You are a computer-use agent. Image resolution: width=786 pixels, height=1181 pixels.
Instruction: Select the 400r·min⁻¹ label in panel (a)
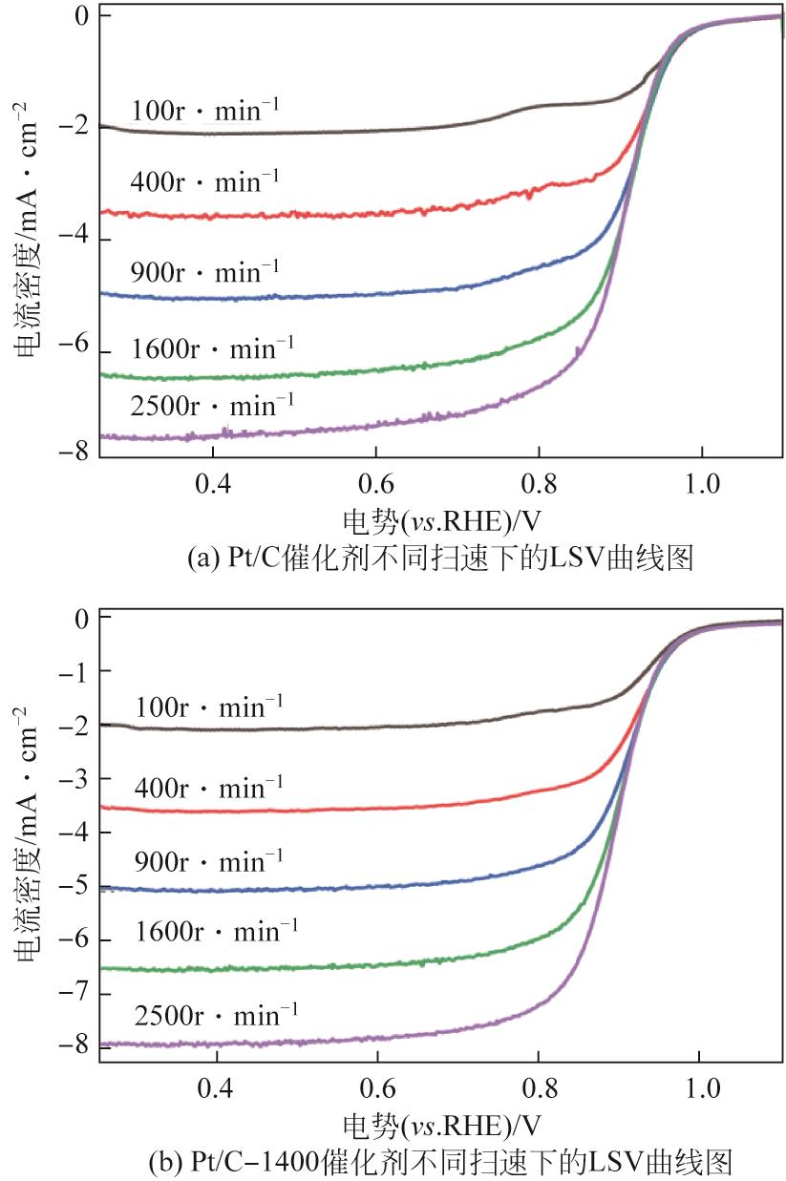pyautogui.click(x=205, y=180)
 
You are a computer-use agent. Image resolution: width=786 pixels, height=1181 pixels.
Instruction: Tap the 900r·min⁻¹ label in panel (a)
pyautogui.click(x=205, y=273)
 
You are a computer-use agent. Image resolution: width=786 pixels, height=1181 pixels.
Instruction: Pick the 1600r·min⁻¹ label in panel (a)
pyautogui.click(x=212, y=346)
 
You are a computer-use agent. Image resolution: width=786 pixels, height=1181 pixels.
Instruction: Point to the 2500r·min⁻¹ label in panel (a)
pyautogui.click(x=212, y=407)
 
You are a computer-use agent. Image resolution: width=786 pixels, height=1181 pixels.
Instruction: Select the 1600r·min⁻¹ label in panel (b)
pyautogui.click(x=215, y=929)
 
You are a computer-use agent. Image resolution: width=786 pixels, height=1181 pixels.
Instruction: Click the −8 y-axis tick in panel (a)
pyautogui.click(x=75, y=453)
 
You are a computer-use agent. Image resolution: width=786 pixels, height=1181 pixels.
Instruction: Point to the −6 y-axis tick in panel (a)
pyautogui.click(x=75, y=350)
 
